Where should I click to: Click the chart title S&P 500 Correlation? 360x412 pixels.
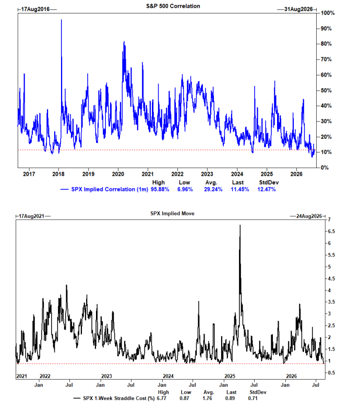173,6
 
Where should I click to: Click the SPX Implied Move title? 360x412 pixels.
172,213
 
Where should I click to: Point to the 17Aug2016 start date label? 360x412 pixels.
35,9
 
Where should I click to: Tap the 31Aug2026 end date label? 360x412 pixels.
298,9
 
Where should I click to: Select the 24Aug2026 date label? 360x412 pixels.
309,216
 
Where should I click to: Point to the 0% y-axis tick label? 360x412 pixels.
325,167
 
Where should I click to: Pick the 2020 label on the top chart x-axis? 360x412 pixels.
118,174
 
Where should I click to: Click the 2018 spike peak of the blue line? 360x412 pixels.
61,20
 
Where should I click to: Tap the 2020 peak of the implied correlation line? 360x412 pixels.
124,42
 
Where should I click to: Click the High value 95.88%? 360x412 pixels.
160,189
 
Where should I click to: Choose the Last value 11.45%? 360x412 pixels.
239,189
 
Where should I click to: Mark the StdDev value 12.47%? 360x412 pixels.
267,189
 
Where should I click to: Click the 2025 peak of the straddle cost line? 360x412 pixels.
240,225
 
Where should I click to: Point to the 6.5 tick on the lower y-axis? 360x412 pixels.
331,231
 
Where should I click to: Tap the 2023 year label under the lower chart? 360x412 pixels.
106,376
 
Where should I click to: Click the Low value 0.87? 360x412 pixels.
185,398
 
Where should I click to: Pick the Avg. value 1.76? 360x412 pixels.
207,398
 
